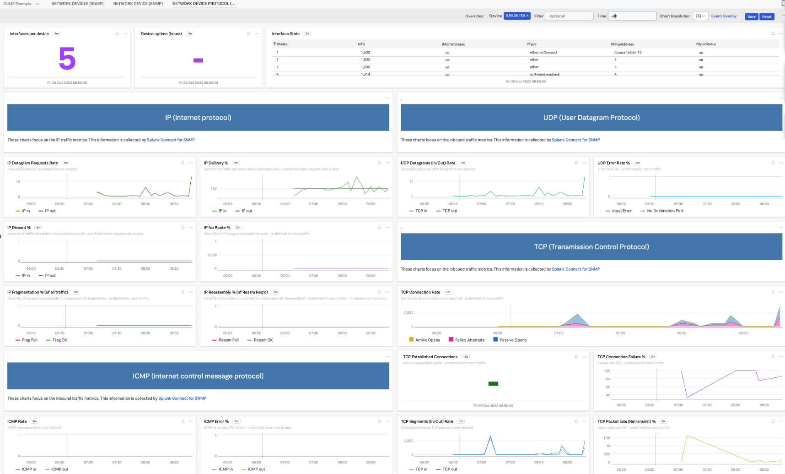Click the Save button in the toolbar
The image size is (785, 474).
[751, 16]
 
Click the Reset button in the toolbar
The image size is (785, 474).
[767, 16]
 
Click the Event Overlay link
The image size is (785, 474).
[724, 16]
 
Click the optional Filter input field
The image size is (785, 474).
[569, 16]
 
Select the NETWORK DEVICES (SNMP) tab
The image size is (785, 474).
[77, 4]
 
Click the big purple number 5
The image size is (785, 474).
[67, 59]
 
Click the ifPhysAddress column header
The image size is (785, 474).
[622, 44]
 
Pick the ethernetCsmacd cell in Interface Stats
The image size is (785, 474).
[543, 52]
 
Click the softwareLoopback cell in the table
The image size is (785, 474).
[544, 74]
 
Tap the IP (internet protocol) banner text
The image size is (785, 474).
[198, 118]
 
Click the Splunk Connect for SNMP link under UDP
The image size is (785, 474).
[575, 140]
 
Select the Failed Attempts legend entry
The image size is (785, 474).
[469, 340]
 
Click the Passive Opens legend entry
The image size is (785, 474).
[513, 340]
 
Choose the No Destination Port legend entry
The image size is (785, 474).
[665, 211]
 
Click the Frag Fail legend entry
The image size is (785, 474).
[29, 340]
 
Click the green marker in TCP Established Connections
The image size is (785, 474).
[493, 384]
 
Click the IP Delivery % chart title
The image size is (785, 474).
[216, 163]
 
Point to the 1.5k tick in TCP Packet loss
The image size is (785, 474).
[607, 438]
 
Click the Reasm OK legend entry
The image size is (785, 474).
[263, 340]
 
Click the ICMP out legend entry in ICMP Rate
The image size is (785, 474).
[59, 469]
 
